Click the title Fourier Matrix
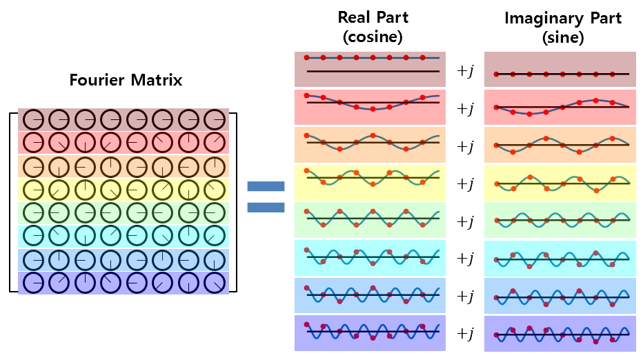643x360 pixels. tap(126, 80)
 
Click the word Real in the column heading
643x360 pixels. tap(354, 17)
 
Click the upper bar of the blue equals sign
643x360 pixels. tap(266, 186)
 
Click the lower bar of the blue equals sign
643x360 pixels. tap(266, 207)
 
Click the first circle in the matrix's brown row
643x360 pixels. tap(33, 120)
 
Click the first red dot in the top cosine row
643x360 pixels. tap(306, 58)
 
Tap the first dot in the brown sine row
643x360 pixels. tap(497, 73)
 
